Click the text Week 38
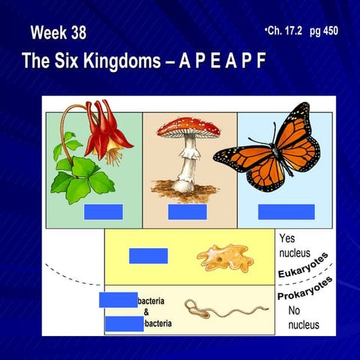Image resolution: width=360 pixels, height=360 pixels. click(58, 33)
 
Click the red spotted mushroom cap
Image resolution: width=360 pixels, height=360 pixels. click(189, 126)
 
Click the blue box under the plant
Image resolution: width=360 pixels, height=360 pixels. click(103, 211)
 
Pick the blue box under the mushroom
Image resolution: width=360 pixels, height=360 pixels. click(187, 211)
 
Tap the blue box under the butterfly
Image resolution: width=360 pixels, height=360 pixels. click(286, 211)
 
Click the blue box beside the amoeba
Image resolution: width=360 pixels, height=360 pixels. click(148, 255)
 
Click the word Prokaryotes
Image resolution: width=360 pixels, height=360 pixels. click(304, 290)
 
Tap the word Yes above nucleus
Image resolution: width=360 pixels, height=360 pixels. click(287, 238)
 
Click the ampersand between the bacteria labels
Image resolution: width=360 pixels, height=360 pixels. click(145, 312)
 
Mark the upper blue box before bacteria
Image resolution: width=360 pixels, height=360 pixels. click(118, 300)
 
